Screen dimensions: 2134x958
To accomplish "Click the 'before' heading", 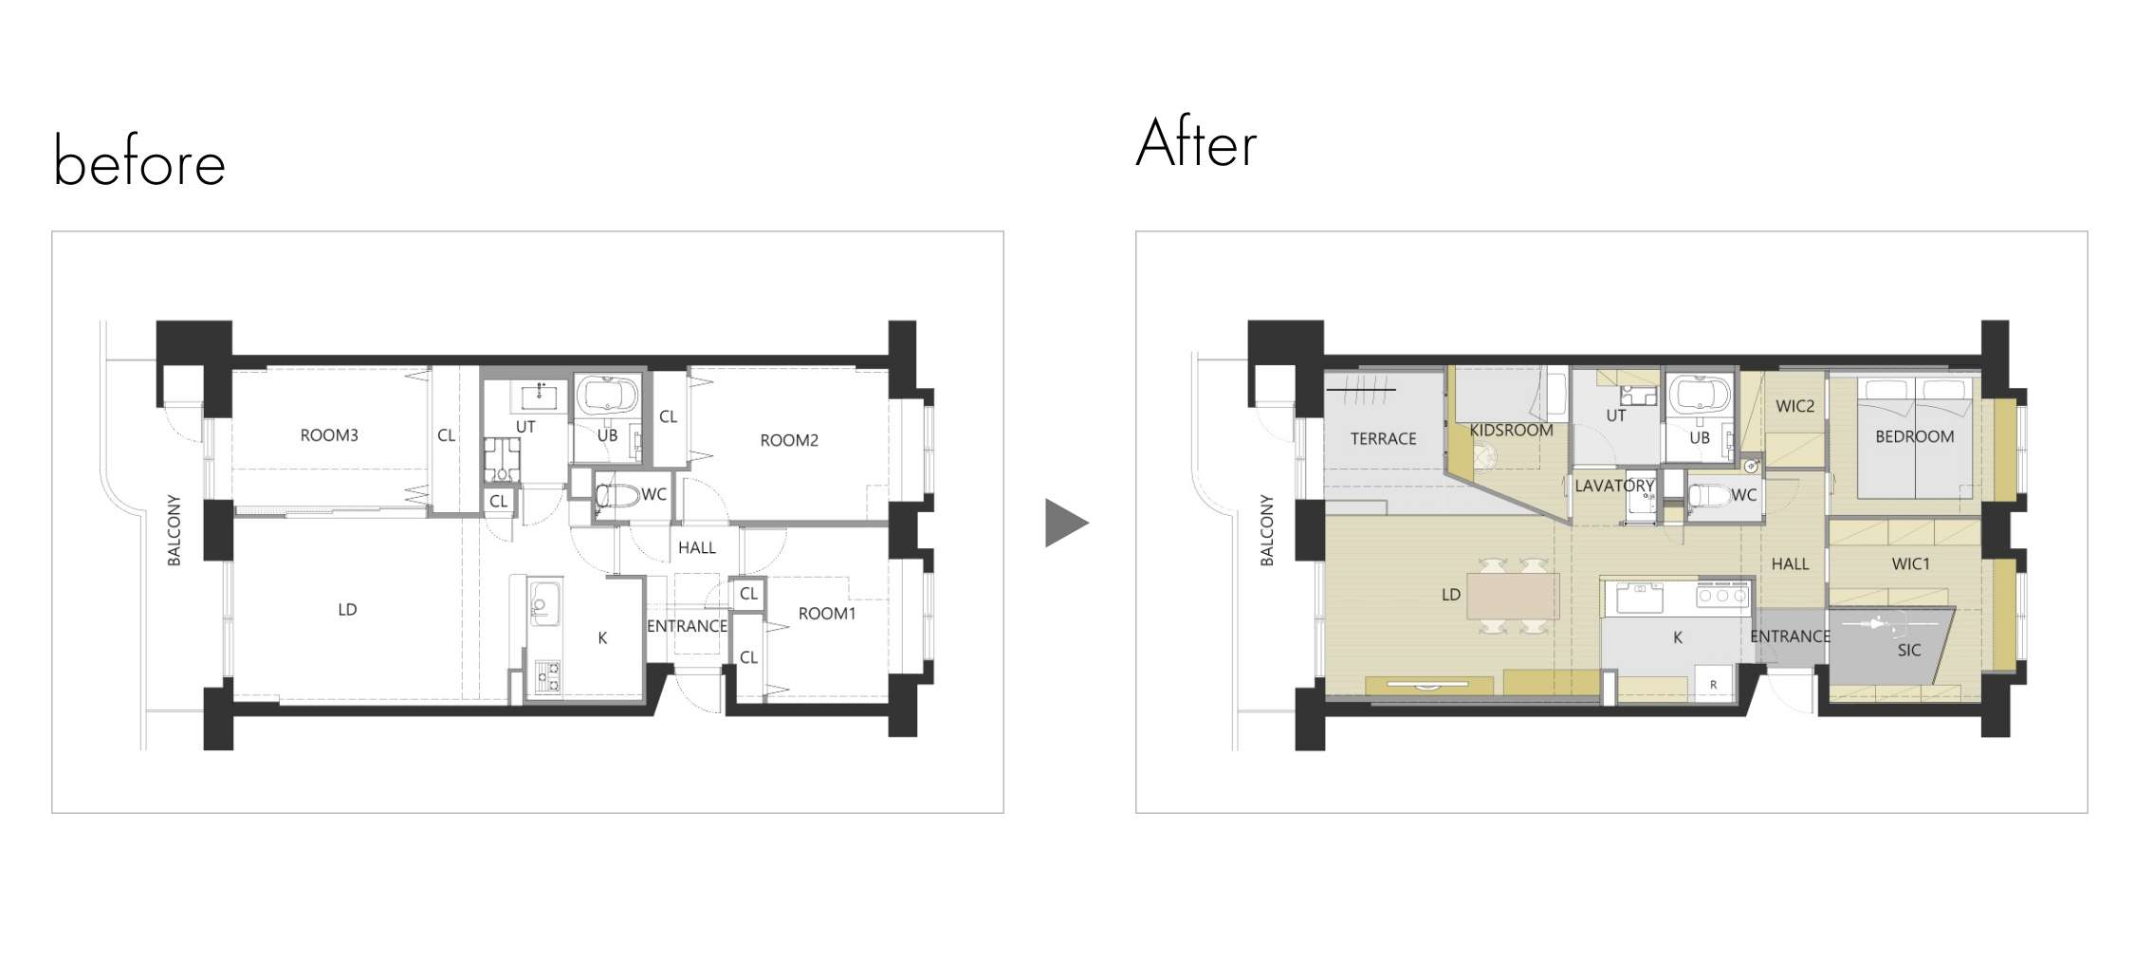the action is point(139,161).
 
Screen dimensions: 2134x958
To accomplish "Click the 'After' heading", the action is point(1197,143).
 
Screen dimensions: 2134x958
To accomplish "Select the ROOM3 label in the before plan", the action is point(329,435).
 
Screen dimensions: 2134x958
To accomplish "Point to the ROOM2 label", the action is point(789,440).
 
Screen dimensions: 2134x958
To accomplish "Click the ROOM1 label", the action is point(827,614).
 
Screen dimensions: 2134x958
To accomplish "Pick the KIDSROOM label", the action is point(1512,430).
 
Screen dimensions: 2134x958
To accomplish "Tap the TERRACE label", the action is point(1384,438).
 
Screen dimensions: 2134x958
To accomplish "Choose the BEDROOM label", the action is point(1915,436).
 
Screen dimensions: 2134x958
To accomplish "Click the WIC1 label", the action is point(1911,563).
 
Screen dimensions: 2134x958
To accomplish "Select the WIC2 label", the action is point(1795,406).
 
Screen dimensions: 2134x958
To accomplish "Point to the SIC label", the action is point(1909,650).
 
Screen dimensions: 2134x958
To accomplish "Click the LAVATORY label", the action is point(1614,486).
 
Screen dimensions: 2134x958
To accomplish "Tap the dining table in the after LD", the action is point(1513,597).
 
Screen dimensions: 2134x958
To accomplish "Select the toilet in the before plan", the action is point(616,495).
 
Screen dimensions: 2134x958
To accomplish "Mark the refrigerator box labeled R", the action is point(1714,684).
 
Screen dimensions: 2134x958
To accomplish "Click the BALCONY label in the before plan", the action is point(174,530).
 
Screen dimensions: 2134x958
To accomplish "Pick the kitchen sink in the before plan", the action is point(544,601).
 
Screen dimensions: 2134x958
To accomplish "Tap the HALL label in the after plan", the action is point(1791,563).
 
